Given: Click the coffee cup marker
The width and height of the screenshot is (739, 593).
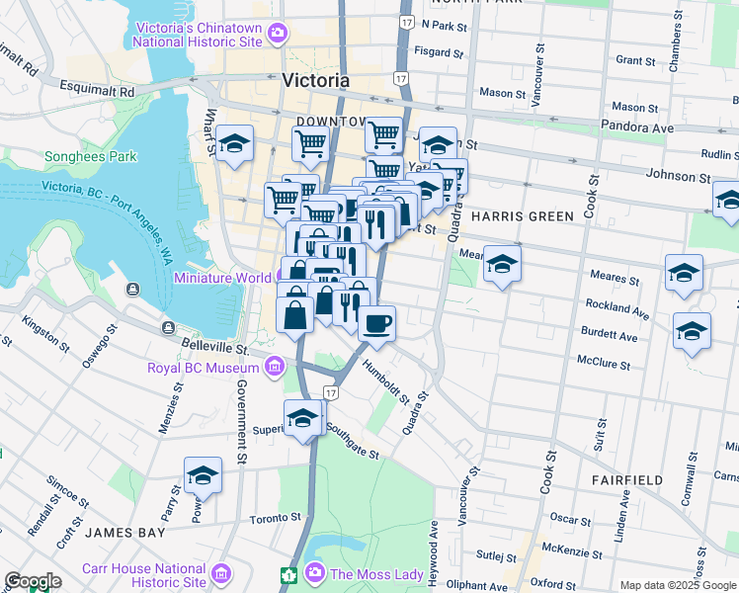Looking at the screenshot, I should tap(375, 322).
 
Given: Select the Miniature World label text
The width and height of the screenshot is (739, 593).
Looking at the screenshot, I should tap(222, 278).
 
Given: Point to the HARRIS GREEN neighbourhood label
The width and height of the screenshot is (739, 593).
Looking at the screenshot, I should tap(522, 216).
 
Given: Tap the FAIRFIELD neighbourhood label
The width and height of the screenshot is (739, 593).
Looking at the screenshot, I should tap(627, 479).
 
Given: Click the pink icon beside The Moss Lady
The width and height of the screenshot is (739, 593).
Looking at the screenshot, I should tap(315, 572).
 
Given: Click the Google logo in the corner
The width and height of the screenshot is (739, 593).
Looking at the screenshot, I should tap(33, 581).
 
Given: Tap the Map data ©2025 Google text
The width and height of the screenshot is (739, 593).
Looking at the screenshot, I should tap(678, 585).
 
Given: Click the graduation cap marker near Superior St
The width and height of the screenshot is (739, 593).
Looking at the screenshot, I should tap(302, 417).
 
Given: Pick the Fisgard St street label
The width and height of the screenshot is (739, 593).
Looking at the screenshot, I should tap(439, 52).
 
